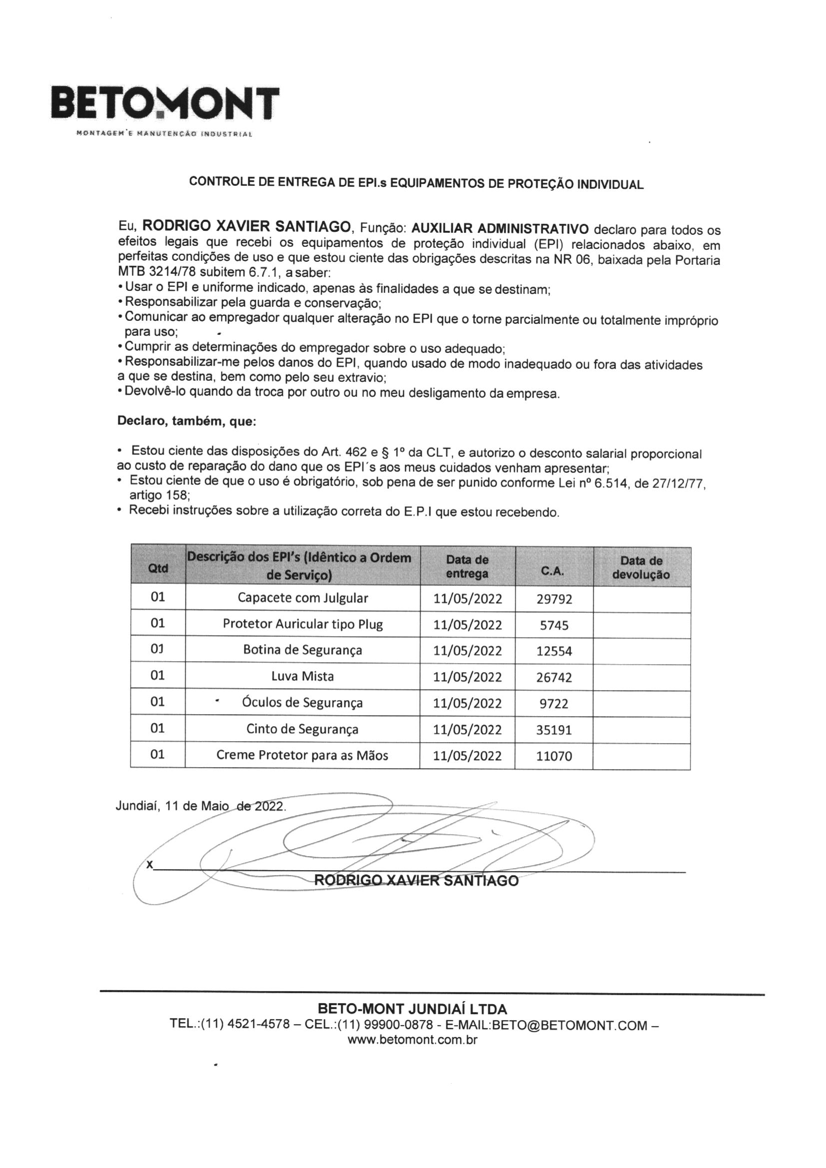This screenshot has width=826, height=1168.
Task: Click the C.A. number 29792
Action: (x=554, y=599)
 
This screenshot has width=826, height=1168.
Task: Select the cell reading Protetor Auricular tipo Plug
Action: (x=303, y=624)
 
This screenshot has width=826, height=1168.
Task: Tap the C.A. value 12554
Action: (x=554, y=651)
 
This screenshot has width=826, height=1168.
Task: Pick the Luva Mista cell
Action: (x=303, y=676)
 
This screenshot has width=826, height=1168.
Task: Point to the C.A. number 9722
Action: (x=554, y=704)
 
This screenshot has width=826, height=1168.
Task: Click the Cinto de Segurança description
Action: (x=303, y=729)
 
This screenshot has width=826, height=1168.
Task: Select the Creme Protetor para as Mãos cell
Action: (x=303, y=755)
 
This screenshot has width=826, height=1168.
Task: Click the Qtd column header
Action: (x=158, y=568)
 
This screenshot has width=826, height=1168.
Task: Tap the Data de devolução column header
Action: (x=641, y=568)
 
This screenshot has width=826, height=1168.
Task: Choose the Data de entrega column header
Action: (x=467, y=567)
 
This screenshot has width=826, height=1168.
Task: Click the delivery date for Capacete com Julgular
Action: (x=468, y=599)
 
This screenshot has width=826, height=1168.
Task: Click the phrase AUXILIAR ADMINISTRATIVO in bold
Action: (x=500, y=228)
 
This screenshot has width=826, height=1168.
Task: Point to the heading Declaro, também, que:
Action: (x=187, y=421)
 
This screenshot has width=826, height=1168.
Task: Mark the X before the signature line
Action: (x=149, y=865)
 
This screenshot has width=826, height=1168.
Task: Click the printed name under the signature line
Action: (x=416, y=881)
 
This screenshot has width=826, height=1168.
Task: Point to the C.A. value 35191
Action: (x=554, y=730)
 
